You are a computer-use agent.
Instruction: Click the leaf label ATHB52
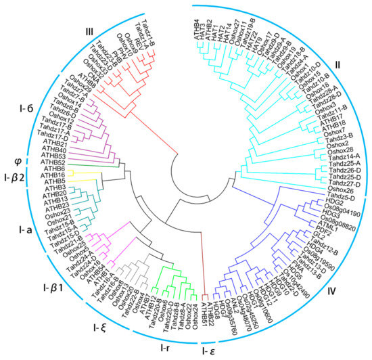(x=53, y=162)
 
